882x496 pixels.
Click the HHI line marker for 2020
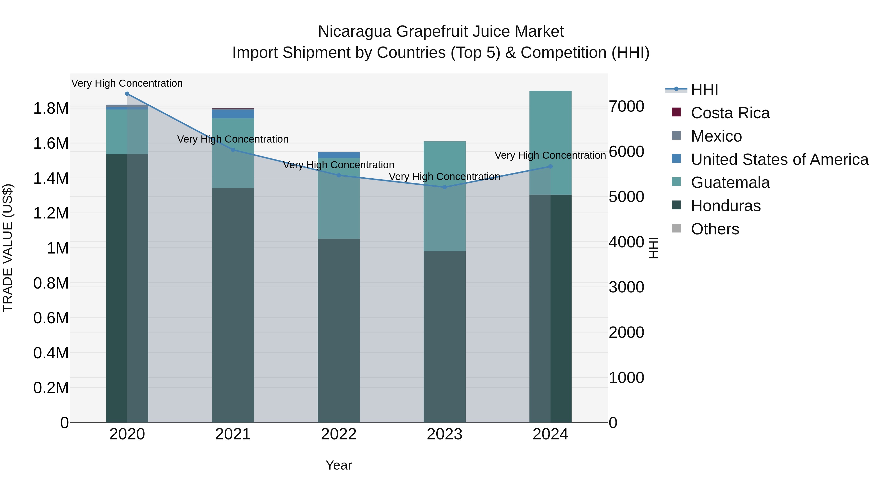[127, 94]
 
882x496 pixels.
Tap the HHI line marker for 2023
[444, 187]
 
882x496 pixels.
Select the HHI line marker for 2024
[550, 166]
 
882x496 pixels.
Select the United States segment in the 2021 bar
[233, 114]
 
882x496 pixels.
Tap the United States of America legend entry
[779, 159]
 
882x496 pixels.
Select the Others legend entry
[715, 229]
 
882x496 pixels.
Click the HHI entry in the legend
[704, 90]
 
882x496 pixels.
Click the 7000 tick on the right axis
[626, 107]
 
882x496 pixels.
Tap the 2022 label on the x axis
[339, 434]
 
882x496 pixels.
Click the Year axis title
[339, 465]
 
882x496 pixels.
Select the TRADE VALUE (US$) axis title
[8, 248]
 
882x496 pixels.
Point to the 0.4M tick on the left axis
[51, 353]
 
